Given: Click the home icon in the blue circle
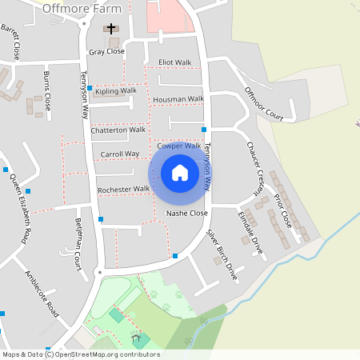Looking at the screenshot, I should click(180, 173).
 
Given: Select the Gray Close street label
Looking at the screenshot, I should click(106, 51).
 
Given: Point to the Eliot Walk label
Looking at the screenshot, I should click(175, 62).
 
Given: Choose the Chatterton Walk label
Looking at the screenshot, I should click(118, 130).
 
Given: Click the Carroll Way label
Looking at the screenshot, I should click(120, 154).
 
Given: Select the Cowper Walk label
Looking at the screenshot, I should click(178, 146).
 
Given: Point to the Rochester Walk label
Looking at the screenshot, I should click(123, 190).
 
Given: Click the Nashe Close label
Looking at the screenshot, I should click(186, 214).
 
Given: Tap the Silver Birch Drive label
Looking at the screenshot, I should click(222, 254).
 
